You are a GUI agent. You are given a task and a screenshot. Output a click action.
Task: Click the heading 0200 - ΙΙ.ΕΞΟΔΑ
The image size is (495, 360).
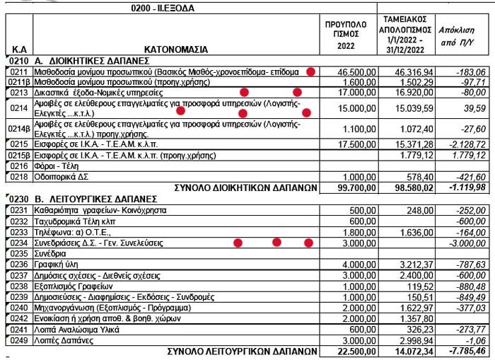coord(163,8)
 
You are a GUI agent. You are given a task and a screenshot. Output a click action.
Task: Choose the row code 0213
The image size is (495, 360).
coord(18,93)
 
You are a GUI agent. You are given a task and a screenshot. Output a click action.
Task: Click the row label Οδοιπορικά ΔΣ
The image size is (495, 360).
coord(63,176)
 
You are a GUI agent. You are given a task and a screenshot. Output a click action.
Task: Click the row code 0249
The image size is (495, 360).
coord(18,340)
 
